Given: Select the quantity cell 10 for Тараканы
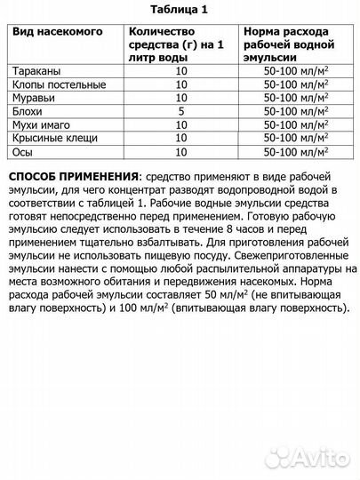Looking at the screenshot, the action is pyautogui.click(x=181, y=68).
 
